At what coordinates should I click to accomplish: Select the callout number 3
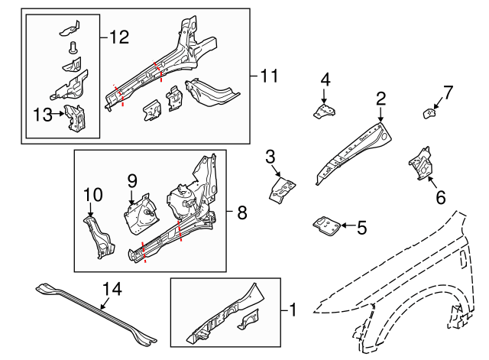coord(270,157)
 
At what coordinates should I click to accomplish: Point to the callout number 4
coord(325,79)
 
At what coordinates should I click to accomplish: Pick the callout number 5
coord(362,226)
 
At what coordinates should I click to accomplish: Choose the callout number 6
coord(440,196)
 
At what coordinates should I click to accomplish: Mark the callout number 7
coord(449,93)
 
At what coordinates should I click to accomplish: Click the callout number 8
coord(242,214)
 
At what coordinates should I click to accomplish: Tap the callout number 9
coord(131,180)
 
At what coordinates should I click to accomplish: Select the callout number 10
coord(92,196)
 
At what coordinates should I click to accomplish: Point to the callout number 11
coord(267,76)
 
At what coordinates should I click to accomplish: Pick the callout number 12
coord(120,35)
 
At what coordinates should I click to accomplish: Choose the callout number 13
coord(41,115)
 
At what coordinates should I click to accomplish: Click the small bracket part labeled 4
coord(324,112)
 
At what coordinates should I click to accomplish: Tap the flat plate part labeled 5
coord(326,226)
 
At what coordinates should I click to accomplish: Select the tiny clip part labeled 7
coord(429,114)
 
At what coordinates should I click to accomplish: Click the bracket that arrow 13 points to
coord(75,118)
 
